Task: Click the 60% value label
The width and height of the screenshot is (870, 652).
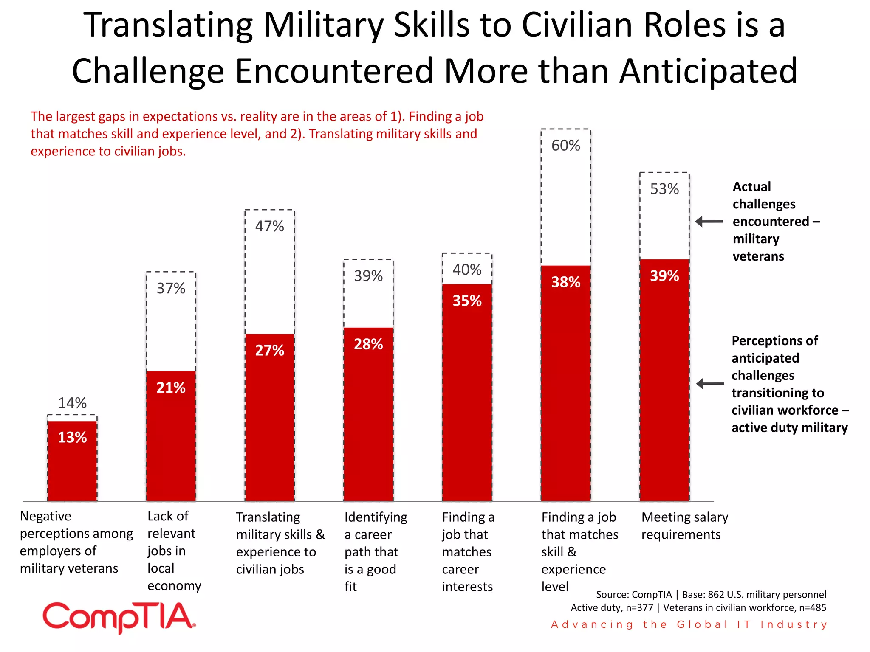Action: [x=565, y=146]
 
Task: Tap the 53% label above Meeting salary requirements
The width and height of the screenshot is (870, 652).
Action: [x=664, y=189]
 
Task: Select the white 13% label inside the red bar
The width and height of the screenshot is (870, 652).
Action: [x=72, y=437]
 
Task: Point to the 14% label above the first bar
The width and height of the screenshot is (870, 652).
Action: [x=72, y=403]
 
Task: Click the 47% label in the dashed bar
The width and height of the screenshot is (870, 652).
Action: [x=269, y=226]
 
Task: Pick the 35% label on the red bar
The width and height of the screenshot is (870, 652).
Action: [x=467, y=301]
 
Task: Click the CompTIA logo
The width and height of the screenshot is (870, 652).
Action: [x=119, y=617]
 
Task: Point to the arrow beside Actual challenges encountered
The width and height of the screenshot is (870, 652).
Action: [x=709, y=222]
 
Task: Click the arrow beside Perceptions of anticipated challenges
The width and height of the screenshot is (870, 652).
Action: [x=710, y=384]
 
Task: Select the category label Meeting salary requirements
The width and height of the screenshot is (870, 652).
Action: [x=684, y=526]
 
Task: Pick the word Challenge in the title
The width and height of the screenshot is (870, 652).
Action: [x=148, y=71]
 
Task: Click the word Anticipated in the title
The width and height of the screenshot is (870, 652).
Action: [x=708, y=71]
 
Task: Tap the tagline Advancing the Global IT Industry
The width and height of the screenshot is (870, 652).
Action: [x=689, y=624]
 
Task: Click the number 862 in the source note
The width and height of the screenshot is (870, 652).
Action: [x=716, y=594]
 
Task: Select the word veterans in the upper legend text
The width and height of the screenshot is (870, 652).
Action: [x=758, y=256]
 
